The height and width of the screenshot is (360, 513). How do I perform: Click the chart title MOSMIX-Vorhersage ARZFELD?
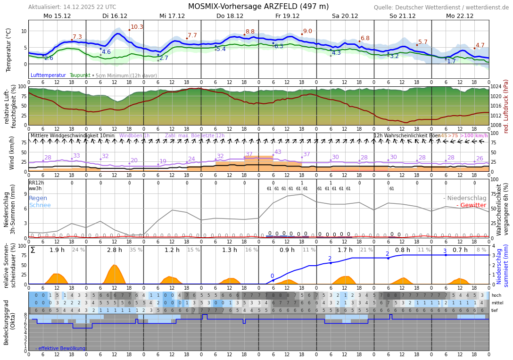click(258, 7)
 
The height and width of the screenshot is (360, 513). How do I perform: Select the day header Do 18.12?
click(230, 16)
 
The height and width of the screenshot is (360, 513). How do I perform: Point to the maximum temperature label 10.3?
click(137, 27)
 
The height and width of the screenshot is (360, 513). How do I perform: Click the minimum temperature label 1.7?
click(451, 61)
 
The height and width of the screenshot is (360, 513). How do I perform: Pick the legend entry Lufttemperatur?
click(48, 75)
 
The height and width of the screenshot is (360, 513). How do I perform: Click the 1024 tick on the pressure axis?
click(496, 87)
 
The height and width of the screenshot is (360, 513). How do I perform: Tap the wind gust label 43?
click(278, 152)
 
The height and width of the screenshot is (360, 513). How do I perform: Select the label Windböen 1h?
click(134, 136)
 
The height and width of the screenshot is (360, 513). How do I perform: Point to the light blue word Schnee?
click(40, 205)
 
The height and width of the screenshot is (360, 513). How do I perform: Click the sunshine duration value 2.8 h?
click(114, 250)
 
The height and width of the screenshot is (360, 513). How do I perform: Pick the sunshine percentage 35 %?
click(136, 250)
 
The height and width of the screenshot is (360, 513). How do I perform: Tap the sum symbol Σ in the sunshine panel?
click(33, 250)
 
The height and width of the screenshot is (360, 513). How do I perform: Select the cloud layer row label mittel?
click(497, 303)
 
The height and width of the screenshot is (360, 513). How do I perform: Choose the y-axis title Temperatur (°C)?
click(8, 50)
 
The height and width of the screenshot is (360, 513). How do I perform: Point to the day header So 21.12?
click(402, 16)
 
